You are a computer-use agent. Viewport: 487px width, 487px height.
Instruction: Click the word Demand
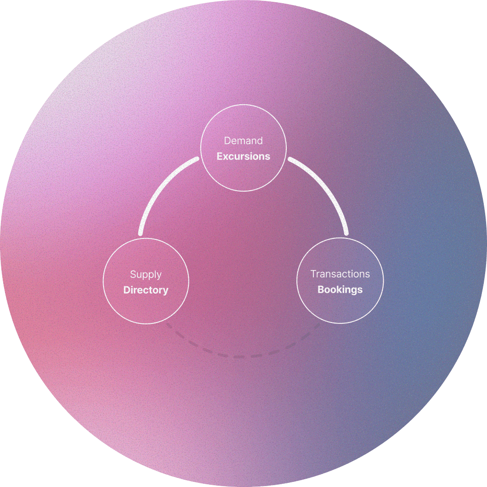coord(243,141)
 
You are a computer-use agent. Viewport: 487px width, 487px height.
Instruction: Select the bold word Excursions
coord(243,156)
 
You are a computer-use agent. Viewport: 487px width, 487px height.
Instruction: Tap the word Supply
coord(146,274)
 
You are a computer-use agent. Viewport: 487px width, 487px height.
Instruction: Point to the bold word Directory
coord(146,290)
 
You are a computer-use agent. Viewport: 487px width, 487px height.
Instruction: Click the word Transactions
coord(340,274)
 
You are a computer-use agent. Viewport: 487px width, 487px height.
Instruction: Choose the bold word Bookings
coord(340,290)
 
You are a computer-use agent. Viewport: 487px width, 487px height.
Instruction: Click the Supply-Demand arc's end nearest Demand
coord(197,159)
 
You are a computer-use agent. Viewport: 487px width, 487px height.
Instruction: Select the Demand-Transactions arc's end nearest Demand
coord(290,159)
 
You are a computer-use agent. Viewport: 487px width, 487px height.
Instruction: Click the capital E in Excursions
coord(220,156)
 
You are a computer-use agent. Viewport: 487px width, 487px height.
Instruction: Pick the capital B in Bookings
coord(321,290)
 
